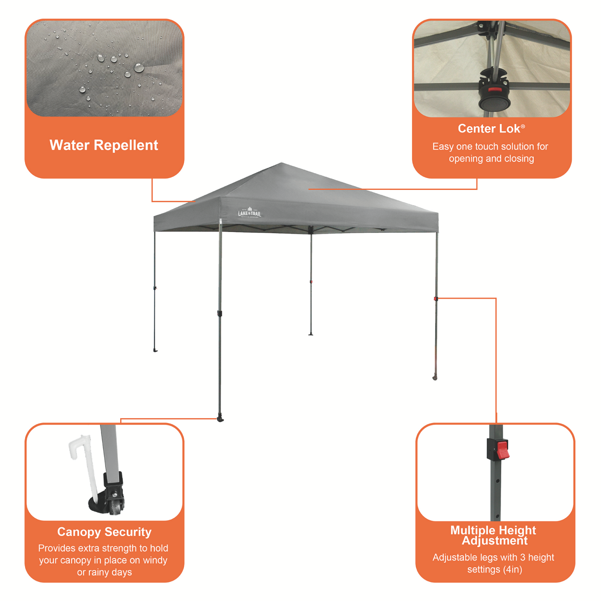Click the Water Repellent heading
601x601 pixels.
click(104, 145)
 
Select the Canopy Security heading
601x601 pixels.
click(104, 532)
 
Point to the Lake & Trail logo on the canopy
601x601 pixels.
click(249, 212)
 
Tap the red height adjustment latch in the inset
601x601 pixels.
click(502, 449)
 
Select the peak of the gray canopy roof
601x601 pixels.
click(281, 163)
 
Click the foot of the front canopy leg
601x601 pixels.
click(220, 419)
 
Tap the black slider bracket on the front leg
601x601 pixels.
click(220, 313)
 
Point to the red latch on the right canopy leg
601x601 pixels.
click(436, 298)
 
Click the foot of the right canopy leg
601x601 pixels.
click(435, 377)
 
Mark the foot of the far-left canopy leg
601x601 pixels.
click(155, 351)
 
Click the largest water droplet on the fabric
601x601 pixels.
click(139, 67)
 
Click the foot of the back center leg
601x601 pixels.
click(311, 334)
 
